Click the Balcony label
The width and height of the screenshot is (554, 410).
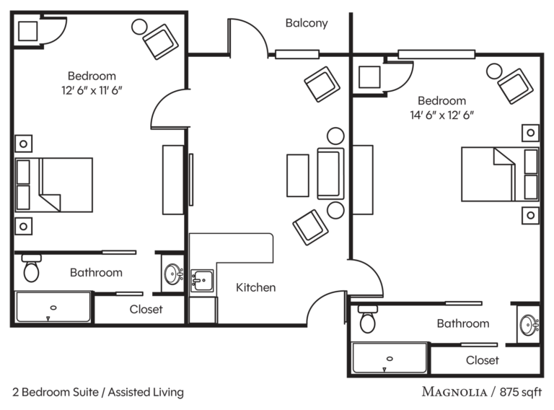coord(307,23)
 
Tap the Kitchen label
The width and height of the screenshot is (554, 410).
coord(255,287)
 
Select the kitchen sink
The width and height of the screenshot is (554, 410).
coord(202,281)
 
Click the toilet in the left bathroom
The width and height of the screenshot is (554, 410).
coord(31,269)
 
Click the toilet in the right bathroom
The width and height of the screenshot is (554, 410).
coord(367,319)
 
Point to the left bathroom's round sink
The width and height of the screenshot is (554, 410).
coord(173,274)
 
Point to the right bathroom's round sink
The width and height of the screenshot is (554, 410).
coord(529,325)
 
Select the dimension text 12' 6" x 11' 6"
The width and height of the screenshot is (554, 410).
coord(92,90)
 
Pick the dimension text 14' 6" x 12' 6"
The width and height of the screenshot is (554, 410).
coord(441,115)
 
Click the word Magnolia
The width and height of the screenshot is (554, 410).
coord(454,392)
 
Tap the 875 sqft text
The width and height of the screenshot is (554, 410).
coord(520,392)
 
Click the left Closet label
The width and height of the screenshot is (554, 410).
coord(146,309)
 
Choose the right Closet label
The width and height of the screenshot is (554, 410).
coord(483,360)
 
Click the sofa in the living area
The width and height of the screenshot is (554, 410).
coord(330,174)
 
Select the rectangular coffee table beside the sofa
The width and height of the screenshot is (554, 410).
coord(298,175)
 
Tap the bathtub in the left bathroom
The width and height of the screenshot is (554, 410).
coord(53,307)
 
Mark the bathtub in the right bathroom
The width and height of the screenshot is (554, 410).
coord(390,358)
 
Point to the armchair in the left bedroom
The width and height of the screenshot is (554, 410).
coord(160,42)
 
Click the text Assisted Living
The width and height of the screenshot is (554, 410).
coord(146,392)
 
